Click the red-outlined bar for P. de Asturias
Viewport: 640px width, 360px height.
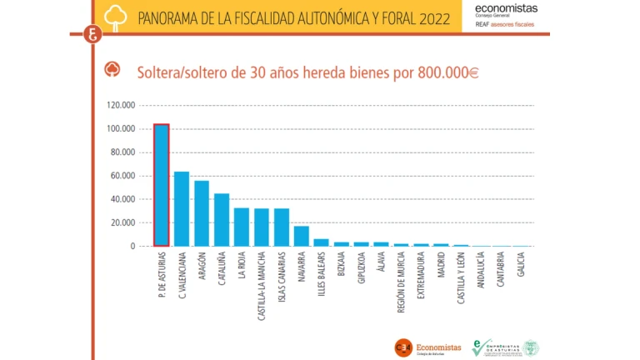[x=162, y=185]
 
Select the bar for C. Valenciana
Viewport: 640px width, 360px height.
[x=182, y=209]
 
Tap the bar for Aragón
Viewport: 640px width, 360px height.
[x=202, y=213]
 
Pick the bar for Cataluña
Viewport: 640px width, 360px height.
[x=222, y=220]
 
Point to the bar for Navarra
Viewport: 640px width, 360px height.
[x=301, y=236]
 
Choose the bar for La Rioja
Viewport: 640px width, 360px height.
[x=242, y=227]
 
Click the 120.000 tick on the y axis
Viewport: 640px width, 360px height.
[x=120, y=106]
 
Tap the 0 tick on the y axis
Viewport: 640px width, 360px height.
[x=132, y=247]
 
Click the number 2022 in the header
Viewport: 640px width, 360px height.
[x=431, y=17]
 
